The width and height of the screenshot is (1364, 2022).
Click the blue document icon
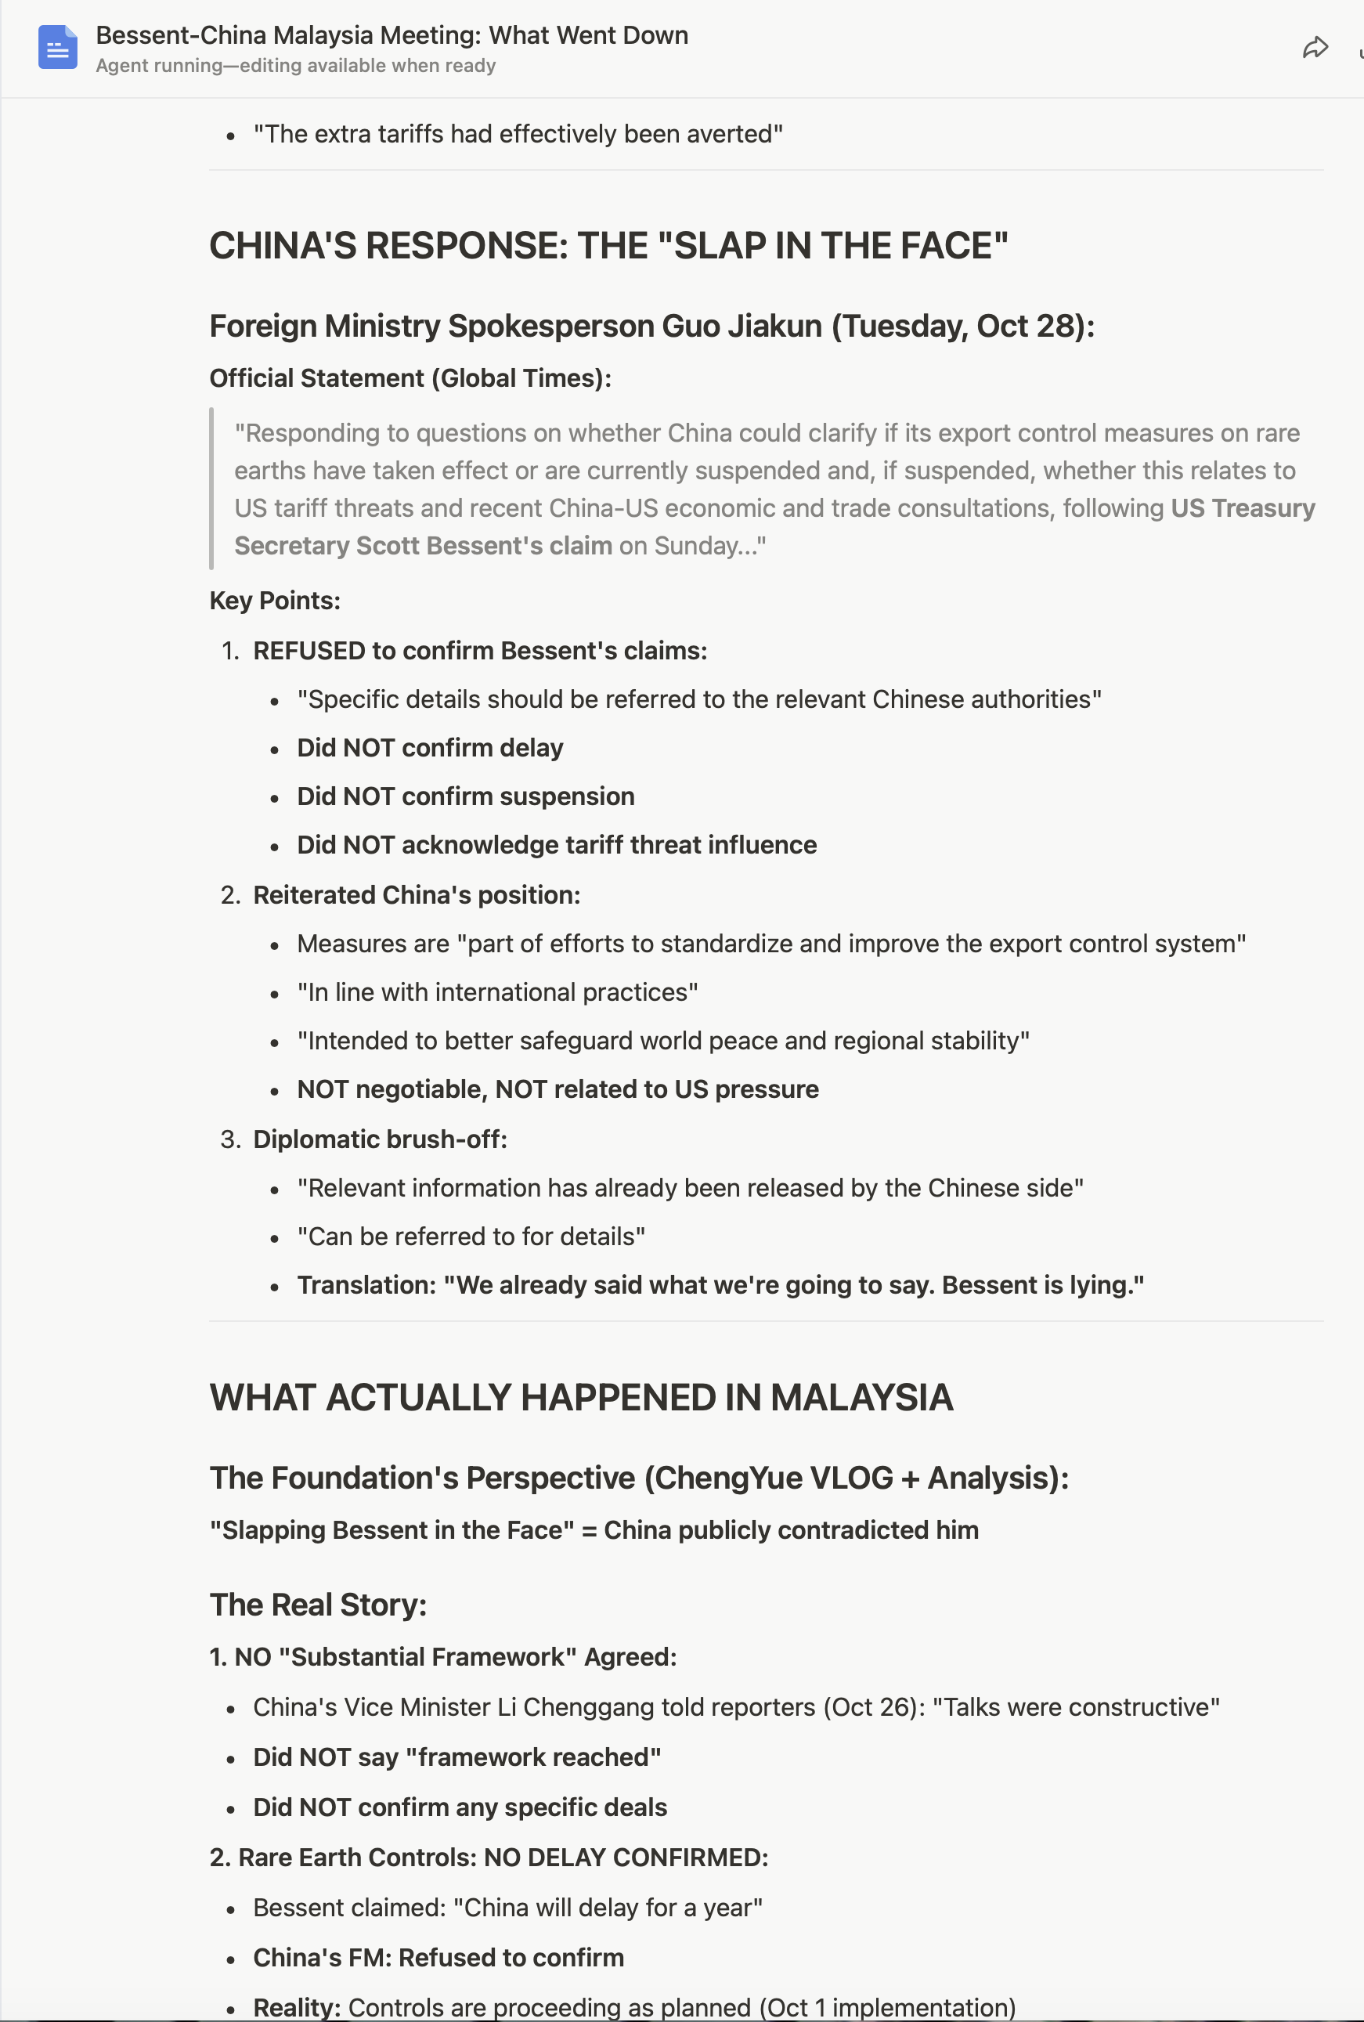pyautogui.click(x=57, y=47)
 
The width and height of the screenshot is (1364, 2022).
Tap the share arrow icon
pyautogui.click(x=1315, y=48)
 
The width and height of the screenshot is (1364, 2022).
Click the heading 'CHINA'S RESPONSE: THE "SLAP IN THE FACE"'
pyautogui.click(x=608, y=246)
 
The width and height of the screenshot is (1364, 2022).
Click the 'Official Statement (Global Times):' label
pyautogui.click(x=410, y=378)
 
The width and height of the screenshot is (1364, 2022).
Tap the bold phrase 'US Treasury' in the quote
pyautogui.click(x=1242, y=508)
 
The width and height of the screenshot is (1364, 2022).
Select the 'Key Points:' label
pyautogui.click(x=275, y=601)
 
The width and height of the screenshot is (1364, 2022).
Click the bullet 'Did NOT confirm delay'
pyautogui.click(x=430, y=748)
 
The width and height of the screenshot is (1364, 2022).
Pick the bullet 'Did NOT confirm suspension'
pyautogui.click(x=465, y=797)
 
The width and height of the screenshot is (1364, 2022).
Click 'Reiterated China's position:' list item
pyautogui.click(x=416, y=895)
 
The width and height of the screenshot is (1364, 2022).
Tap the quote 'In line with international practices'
pyautogui.click(x=497, y=993)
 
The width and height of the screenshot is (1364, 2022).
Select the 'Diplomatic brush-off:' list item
pyautogui.click(x=379, y=1139)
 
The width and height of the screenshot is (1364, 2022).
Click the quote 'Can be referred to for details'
pyautogui.click(x=471, y=1237)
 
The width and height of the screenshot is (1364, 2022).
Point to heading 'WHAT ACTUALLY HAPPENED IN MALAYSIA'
pyautogui.click(x=581, y=1398)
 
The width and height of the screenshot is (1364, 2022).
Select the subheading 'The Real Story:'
pyautogui.click(x=319, y=1605)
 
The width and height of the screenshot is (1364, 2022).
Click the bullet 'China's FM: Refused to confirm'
pyautogui.click(x=438, y=1959)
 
